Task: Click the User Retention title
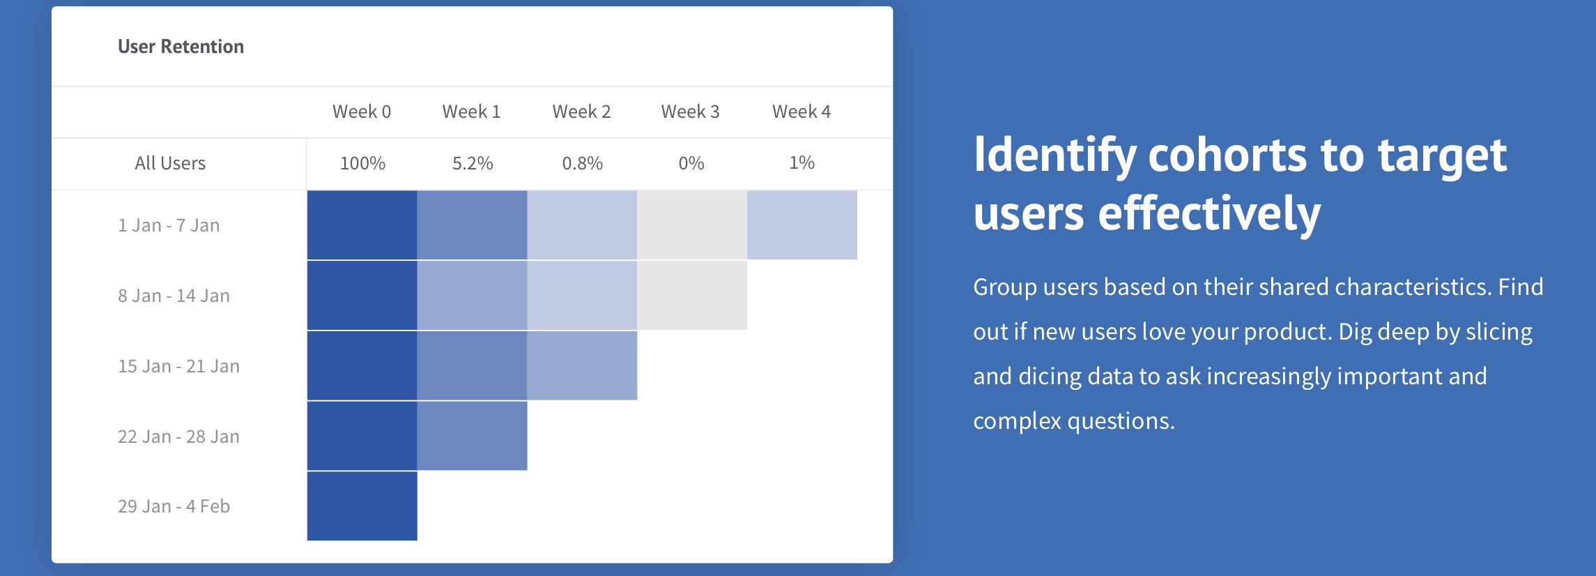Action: pos(181,47)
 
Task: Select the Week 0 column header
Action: pos(362,112)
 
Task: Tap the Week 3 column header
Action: pos(690,112)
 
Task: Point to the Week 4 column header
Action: pos(801,112)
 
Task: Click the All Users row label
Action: pos(170,163)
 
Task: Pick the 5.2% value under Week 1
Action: pos(473,163)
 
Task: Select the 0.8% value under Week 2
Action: pos(583,163)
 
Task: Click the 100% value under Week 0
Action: pos(362,163)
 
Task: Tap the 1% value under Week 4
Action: pos(802,162)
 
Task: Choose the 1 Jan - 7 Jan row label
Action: pos(169,225)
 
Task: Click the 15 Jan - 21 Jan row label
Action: pos(178,366)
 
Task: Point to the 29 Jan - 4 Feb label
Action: pos(174,506)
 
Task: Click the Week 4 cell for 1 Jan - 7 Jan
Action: pos(802,225)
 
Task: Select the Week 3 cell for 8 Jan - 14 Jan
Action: pos(692,295)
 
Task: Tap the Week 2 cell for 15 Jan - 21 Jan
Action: pos(582,365)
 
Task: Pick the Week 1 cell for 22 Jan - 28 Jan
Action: pos(472,436)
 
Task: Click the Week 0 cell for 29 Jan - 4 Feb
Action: pos(362,506)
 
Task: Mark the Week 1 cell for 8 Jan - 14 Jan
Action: pos(472,295)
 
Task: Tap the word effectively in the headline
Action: pos(1209,213)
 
